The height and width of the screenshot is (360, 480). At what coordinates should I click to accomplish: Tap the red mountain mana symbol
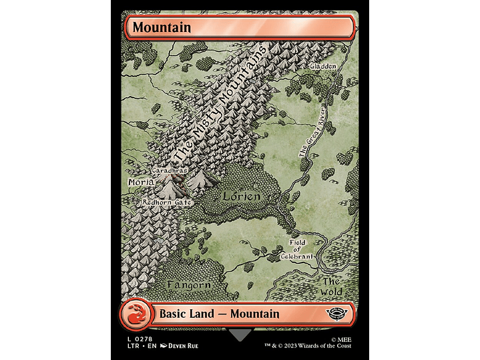pyautogui.click(x=136, y=315)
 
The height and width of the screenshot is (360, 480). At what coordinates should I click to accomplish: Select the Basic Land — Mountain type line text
pyautogui.click(x=220, y=314)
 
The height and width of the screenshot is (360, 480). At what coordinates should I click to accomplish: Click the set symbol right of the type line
pyautogui.click(x=340, y=315)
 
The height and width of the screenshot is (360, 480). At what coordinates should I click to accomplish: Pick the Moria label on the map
pyautogui.click(x=141, y=182)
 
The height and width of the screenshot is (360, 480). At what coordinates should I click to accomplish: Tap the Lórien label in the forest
pyautogui.click(x=241, y=196)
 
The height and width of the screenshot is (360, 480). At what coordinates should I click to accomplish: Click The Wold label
pyautogui.click(x=332, y=287)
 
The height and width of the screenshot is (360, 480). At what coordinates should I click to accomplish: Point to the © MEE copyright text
pyautogui.click(x=339, y=339)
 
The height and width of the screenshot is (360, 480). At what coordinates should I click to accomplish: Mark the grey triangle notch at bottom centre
pyautogui.click(x=240, y=334)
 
